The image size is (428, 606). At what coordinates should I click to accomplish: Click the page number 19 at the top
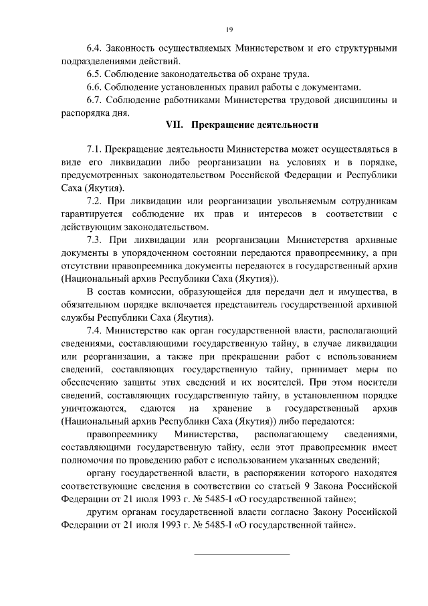click(228, 30)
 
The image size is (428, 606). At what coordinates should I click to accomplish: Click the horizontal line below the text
click(241, 554)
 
